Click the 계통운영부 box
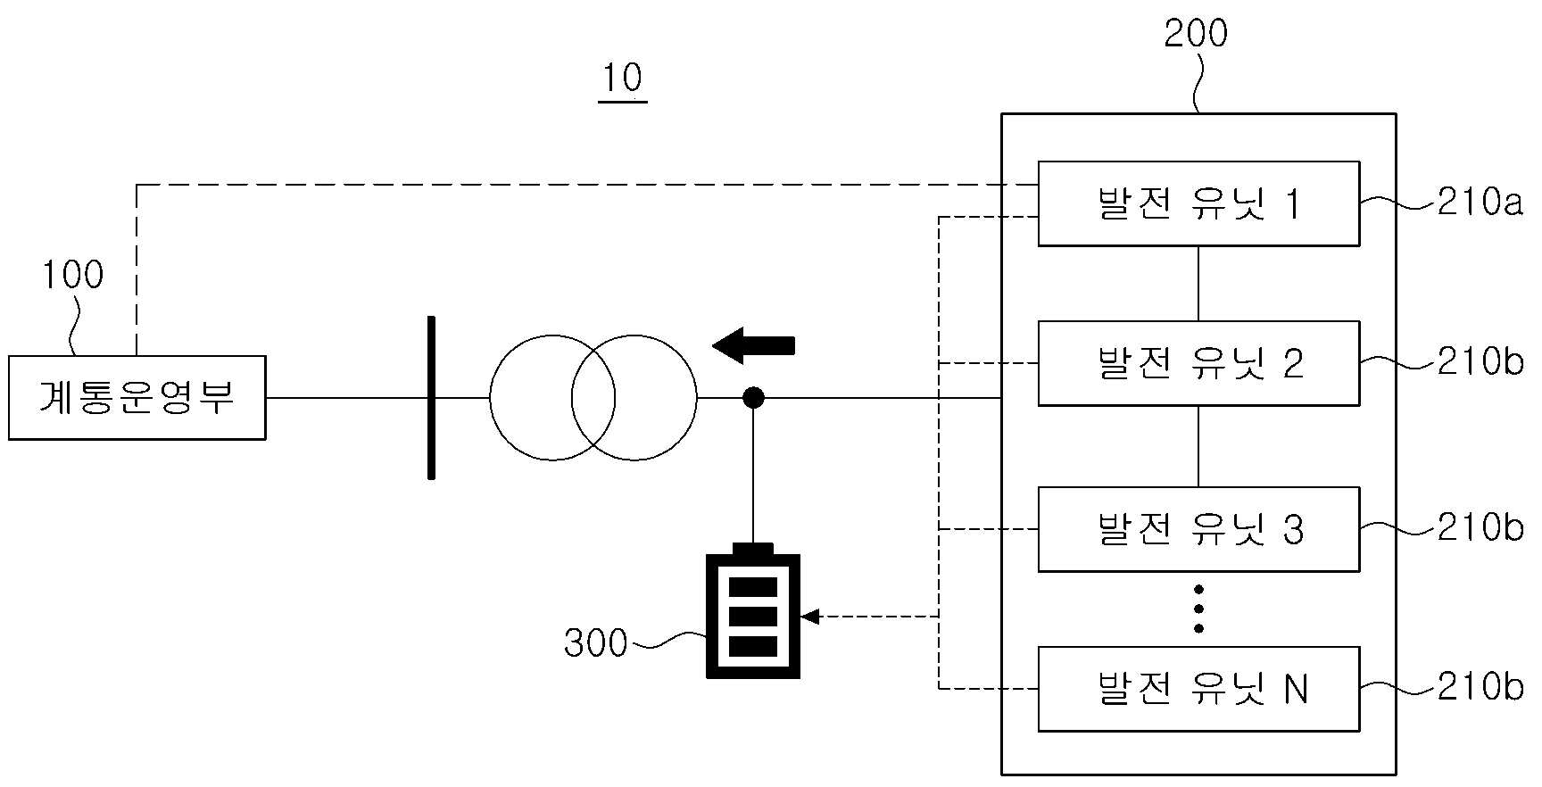point(137,398)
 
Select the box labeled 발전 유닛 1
point(1198,203)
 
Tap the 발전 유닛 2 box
point(1198,363)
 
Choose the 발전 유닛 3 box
point(1198,529)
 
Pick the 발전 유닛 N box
point(1198,689)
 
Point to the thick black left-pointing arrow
point(753,345)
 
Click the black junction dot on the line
point(754,397)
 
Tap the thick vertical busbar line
point(432,398)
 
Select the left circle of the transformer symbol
point(490,398)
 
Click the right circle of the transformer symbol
point(696,398)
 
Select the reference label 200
point(1197,33)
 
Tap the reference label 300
point(596,642)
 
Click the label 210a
point(1480,203)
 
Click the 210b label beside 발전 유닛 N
point(1480,687)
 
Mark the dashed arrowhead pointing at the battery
point(809,617)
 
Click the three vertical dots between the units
point(1198,609)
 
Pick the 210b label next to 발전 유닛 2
point(1480,361)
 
